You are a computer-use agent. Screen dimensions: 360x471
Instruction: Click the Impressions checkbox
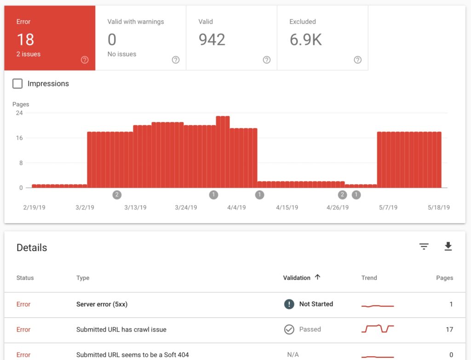pyautogui.click(x=17, y=83)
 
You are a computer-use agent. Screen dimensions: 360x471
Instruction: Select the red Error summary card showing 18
pyautogui.click(x=50, y=38)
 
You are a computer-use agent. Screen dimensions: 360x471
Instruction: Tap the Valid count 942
pyautogui.click(x=212, y=40)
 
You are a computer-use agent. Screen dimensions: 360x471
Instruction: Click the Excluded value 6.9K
pyautogui.click(x=305, y=40)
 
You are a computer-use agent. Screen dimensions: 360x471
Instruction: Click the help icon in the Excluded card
pyautogui.click(x=357, y=60)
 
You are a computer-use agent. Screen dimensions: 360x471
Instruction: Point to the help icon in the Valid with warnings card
pyautogui.click(x=175, y=60)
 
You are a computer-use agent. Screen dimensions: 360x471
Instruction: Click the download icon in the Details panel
pyautogui.click(x=448, y=247)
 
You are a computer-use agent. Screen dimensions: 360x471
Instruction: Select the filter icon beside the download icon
pyautogui.click(x=424, y=247)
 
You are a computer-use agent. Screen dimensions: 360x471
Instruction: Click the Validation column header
pyautogui.click(x=297, y=278)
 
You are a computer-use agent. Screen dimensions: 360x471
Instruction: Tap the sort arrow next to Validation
pyautogui.click(x=317, y=277)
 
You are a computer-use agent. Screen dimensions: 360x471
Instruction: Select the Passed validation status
pyautogui.click(x=310, y=329)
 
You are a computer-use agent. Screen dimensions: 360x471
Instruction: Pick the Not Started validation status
pyautogui.click(x=316, y=304)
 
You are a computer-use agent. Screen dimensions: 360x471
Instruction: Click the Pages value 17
pyautogui.click(x=449, y=329)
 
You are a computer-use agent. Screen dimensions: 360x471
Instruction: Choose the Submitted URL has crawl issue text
pyautogui.click(x=121, y=329)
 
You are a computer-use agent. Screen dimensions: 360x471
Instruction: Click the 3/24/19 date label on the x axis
pyautogui.click(x=186, y=207)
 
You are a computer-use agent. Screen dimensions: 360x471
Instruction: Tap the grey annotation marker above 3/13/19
pyautogui.click(x=117, y=195)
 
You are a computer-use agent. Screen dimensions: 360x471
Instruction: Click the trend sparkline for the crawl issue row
pyautogui.click(x=378, y=329)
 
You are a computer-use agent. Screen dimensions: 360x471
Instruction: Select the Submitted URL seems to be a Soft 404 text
pyautogui.click(x=132, y=354)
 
